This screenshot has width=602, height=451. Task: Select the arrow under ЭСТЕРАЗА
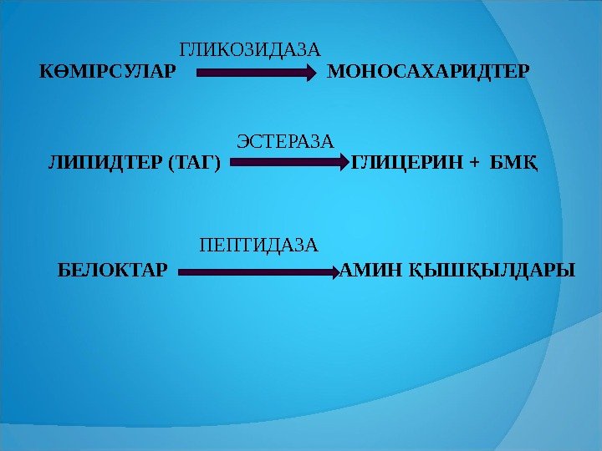pyautogui.click(x=288, y=165)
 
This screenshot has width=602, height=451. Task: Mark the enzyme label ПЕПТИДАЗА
pyautogui.click(x=259, y=246)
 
